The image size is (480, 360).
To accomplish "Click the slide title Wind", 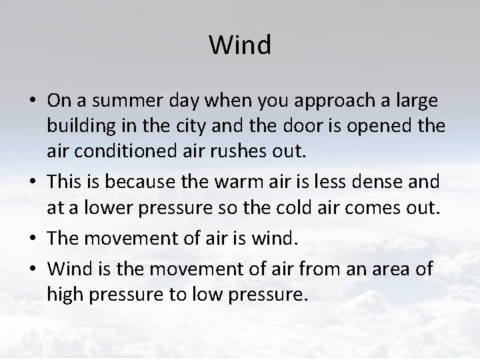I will coord(240,45).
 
